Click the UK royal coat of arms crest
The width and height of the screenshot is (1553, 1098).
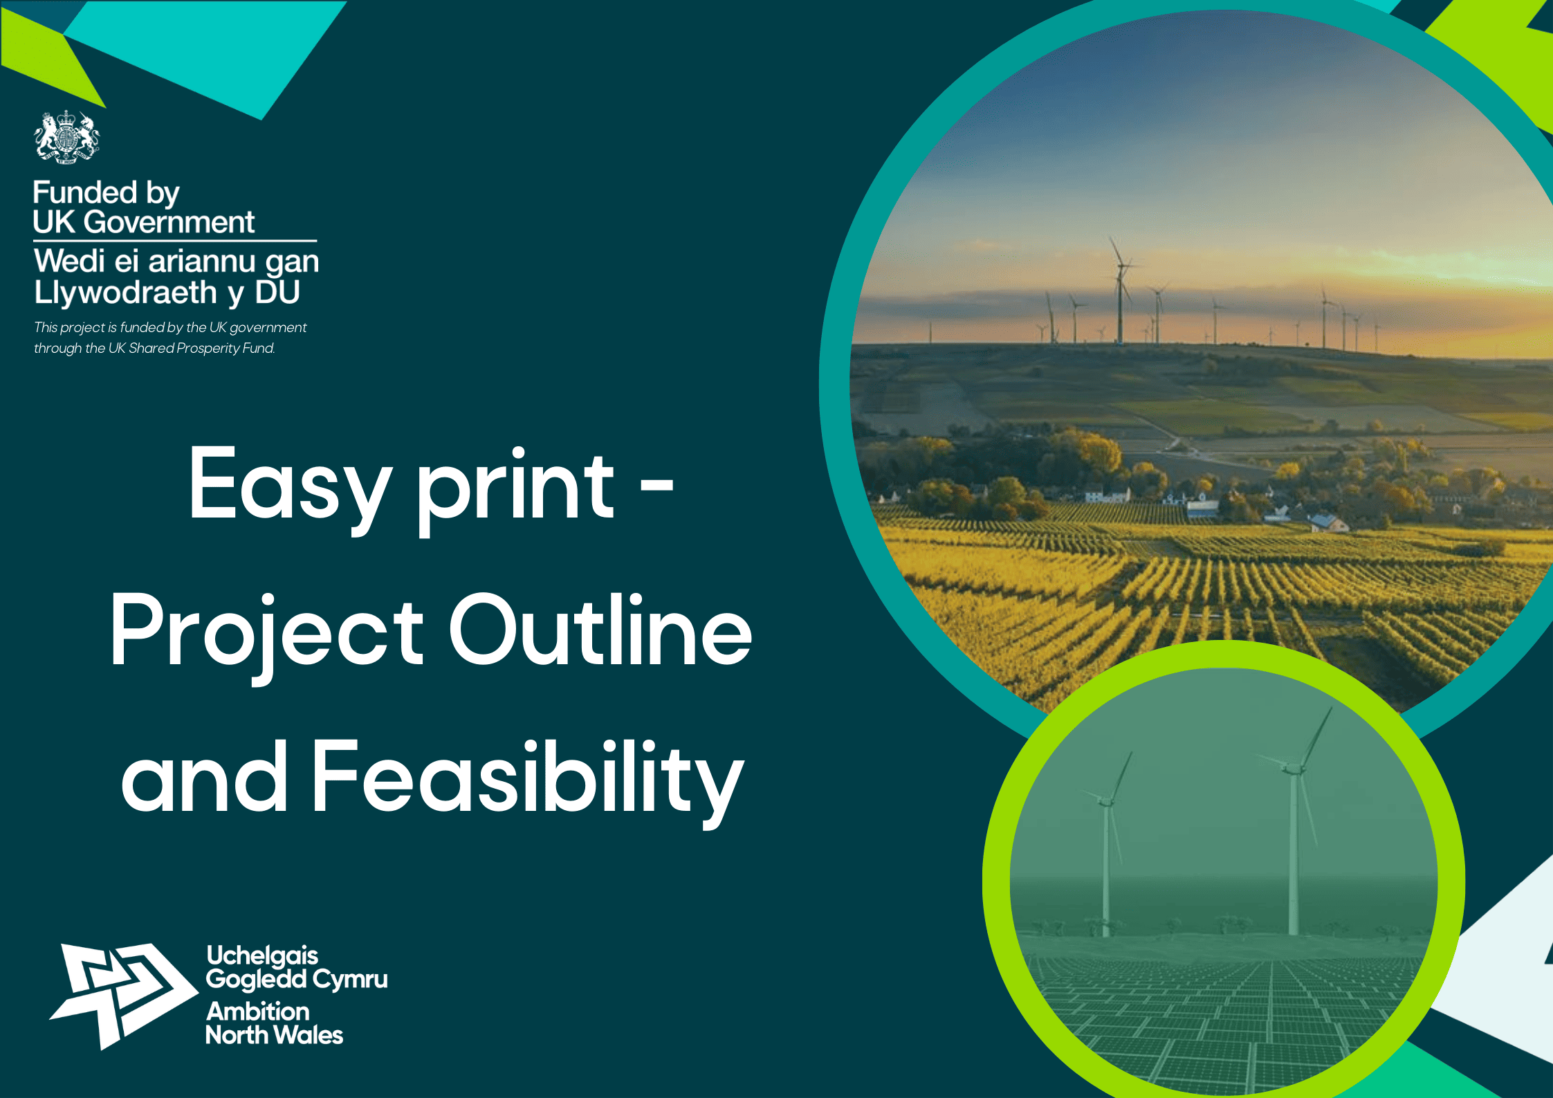66,137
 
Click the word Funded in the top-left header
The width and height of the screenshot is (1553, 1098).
85,192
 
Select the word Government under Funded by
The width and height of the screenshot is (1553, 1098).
169,222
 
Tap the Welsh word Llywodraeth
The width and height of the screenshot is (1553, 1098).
126,293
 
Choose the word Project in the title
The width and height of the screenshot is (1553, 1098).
266,637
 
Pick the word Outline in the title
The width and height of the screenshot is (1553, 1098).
600,629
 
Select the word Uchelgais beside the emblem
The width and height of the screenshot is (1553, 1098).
262,957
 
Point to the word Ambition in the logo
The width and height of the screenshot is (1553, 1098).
258,1012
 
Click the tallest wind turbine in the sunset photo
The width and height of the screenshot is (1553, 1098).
1121,291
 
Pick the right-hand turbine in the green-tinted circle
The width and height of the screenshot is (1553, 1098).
1293,823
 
